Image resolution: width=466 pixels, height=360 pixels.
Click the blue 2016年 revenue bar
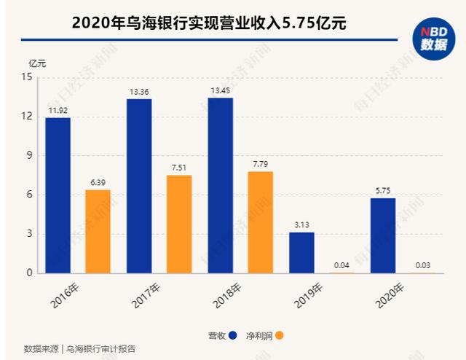[x=58, y=195]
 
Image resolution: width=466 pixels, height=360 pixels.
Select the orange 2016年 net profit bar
[x=98, y=231]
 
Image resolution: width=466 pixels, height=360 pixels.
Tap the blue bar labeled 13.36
[x=138, y=186]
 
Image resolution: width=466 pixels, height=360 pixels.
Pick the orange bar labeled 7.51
[x=179, y=224]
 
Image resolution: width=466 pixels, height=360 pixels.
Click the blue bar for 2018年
[x=220, y=185]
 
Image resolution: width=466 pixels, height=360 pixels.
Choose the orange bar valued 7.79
[x=260, y=222]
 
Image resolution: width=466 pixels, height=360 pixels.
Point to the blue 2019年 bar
[x=301, y=252]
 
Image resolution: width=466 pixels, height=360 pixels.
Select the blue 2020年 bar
[x=382, y=235]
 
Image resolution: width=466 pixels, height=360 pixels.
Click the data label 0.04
[x=341, y=265]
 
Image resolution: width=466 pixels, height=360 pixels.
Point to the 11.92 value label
[x=58, y=110]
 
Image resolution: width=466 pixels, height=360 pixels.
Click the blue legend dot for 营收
[x=233, y=335]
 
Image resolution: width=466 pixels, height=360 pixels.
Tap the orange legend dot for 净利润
[x=280, y=335]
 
